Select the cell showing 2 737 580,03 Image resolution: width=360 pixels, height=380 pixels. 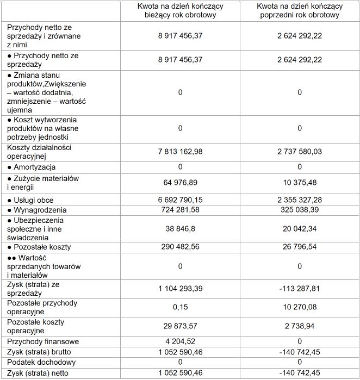(x=299, y=152)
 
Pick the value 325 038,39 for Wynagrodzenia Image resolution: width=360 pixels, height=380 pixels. (x=299, y=210)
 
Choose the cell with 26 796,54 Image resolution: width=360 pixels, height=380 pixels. (x=299, y=247)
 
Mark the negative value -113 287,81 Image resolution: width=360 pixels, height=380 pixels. (x=299, y=289)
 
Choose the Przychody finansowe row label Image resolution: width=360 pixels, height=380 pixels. (x=43, y=342)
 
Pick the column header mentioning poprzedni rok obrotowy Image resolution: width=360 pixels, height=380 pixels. (x=299, y=11)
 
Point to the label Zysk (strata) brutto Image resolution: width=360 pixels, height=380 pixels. (x=40, y=352)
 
